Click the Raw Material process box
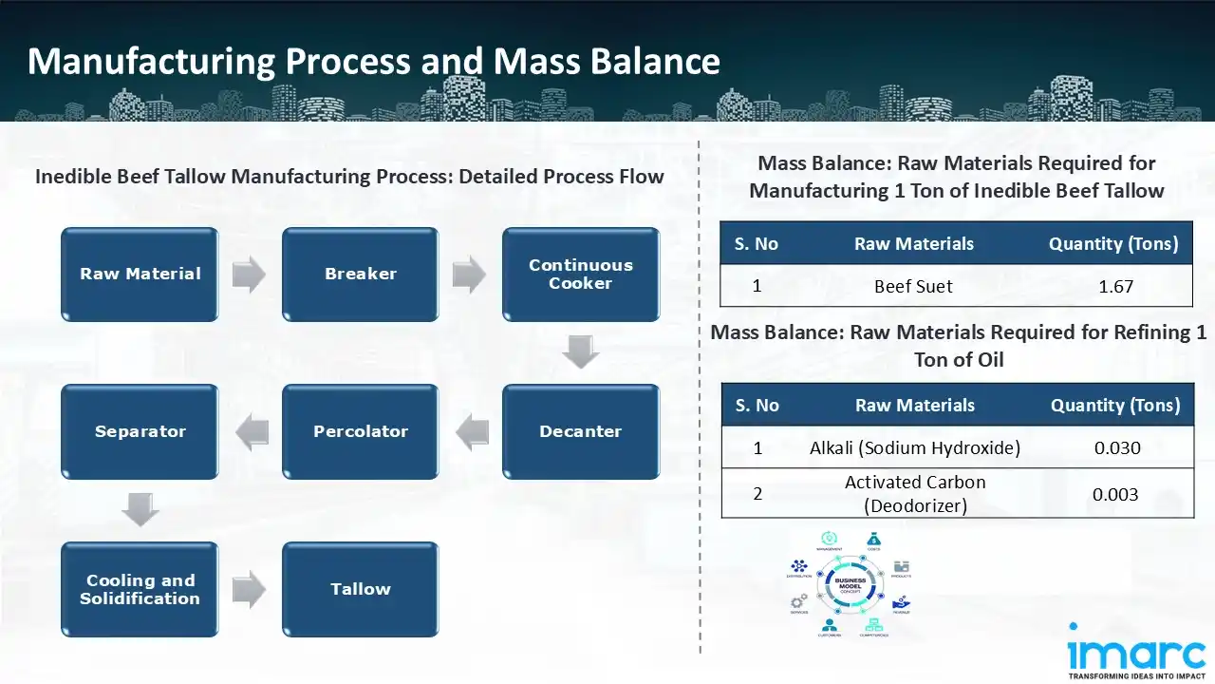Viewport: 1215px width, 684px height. coord(140,274)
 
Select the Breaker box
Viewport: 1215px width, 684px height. coord(360,274)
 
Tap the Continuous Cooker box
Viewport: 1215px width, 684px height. coord(580,274)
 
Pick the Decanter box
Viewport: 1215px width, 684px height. coord(580,431)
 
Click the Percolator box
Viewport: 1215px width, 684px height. coord(360,431)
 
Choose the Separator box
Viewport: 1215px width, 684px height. coord(140,431)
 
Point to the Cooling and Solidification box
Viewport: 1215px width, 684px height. coord(140,589)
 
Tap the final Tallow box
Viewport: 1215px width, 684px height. coord(360,589)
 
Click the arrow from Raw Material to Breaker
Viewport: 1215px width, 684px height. coord(250,275)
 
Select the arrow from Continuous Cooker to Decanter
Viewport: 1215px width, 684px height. coord(580,352)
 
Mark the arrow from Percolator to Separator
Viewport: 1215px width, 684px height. coord(252,432)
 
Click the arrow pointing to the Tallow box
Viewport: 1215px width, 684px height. coord(250,590)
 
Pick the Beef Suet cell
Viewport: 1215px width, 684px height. coord(913,286)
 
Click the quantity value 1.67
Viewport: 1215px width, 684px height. coord(1115,286)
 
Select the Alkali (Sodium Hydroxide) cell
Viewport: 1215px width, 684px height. coord(915,447)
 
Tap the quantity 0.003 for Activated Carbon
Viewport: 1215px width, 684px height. coord(1115,494)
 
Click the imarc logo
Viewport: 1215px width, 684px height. coord(1135,653)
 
